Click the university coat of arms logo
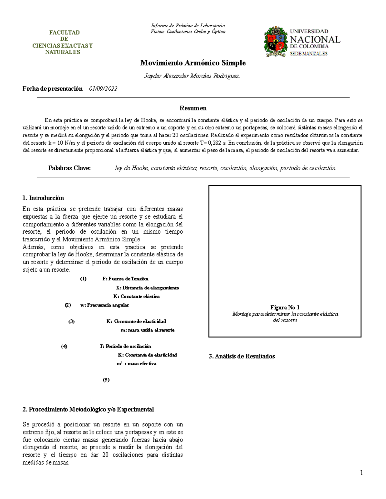(x=275, y=41)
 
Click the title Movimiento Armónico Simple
(x=193, y=63)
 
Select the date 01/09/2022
(x=103, y=89)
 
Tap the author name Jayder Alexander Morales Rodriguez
(x=192, y=76)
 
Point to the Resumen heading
(x=193, y=108)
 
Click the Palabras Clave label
(x=69, y=168)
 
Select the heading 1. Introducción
(x=43, y=198)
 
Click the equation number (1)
(x=83, y=279)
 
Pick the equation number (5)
(x=106, y=380)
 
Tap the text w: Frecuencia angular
(x=105, y=305)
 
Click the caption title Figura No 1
(x=285, y=307)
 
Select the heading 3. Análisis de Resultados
(x=242, y=356)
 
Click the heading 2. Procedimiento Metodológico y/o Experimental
(x=88, y=409)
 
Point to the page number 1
(x=361, y=473)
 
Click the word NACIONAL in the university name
(x=315, y=40)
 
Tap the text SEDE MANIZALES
(x=308, y=54)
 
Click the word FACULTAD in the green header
(x=64, y=32)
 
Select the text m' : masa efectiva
(x=136, y=364)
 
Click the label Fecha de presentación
(x=52, y=89)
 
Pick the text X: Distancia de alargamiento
(x=147, y=288)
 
